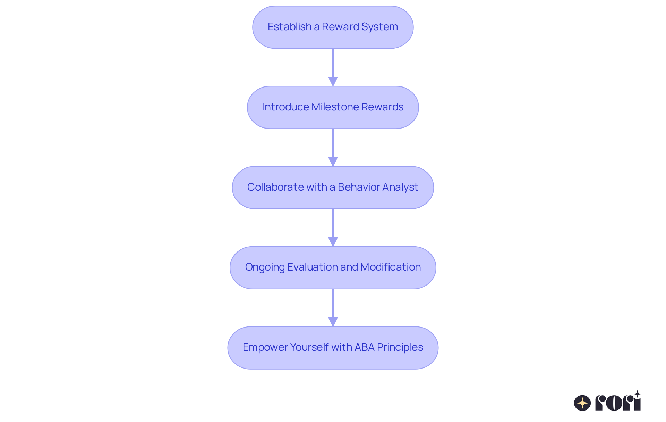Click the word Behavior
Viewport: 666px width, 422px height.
pos(358,187)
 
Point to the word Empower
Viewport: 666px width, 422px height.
pos(265,347)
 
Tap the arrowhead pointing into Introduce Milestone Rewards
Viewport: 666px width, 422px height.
pos(333,81)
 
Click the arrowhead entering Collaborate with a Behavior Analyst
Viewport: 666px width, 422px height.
pos(333,162)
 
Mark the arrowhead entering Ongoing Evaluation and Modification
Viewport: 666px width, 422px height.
pos(333,242)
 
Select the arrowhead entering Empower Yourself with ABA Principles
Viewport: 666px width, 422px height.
pos(333,322)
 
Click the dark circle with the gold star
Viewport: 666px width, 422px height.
pos(582,403)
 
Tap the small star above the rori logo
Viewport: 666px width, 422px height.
pos(637,394)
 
